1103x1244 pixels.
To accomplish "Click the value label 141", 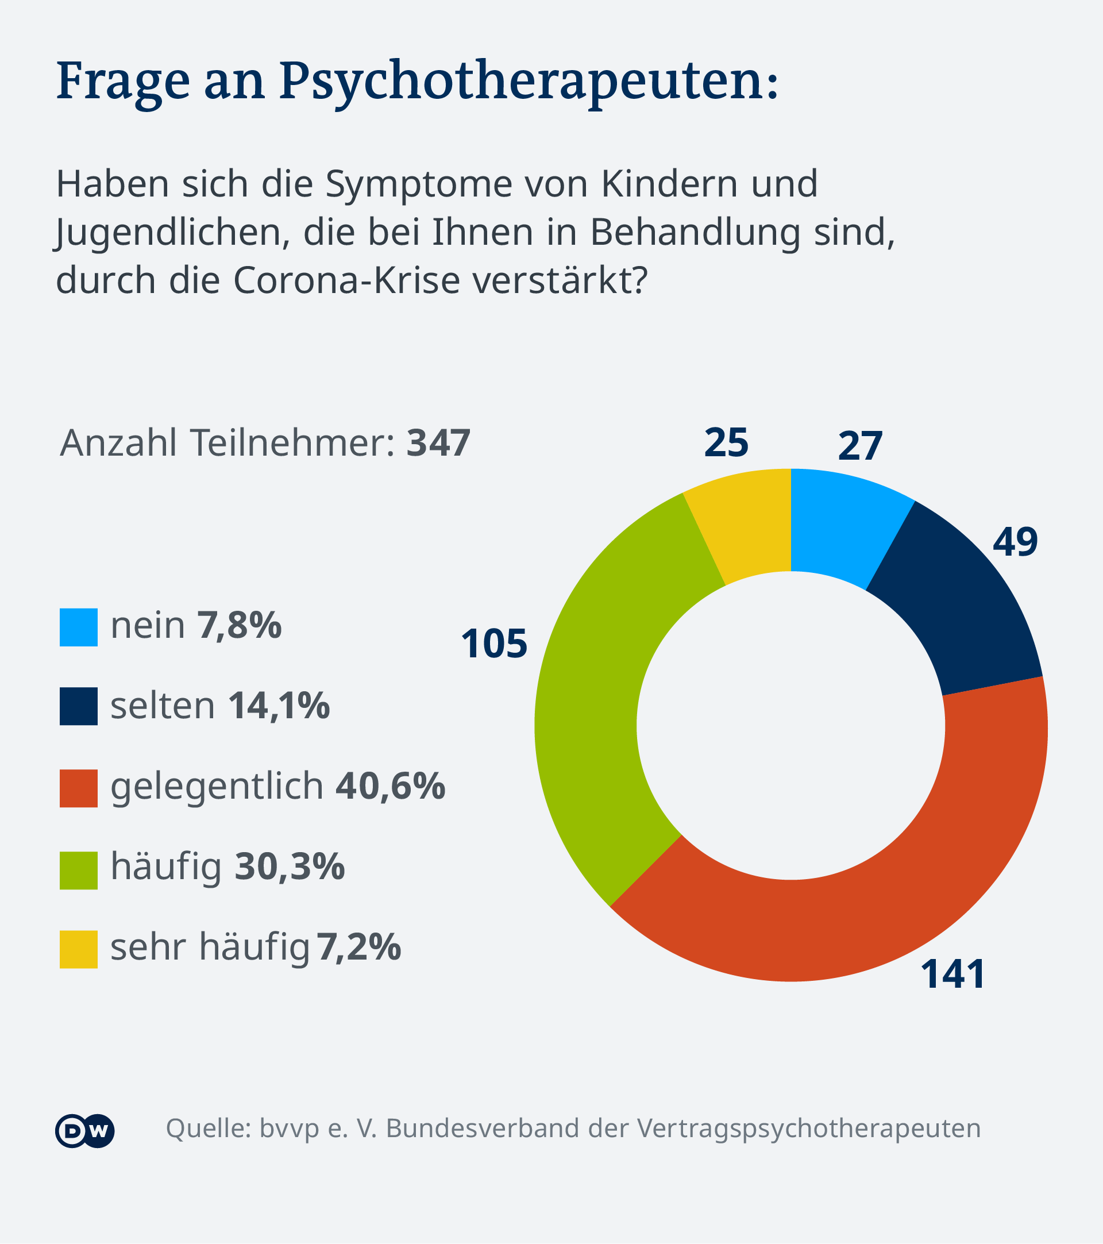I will tap(952, 975).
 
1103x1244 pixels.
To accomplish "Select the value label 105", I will tap(494, 644).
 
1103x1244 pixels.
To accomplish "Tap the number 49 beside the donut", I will tap(1015, 542).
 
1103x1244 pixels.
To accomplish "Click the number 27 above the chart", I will tap(859, 446).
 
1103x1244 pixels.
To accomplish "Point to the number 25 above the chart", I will tap(726, 442).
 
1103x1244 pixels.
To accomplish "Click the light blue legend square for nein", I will tap(79, 627).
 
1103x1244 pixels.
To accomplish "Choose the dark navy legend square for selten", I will tap(79, 706).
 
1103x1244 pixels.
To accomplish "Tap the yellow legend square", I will tap(79, 949).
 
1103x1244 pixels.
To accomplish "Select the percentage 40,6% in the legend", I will tap(390, 785).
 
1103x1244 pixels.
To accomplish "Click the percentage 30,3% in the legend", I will tap(290, 866).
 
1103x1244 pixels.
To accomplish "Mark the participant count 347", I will tap(438, 442).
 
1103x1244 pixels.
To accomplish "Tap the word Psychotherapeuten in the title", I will tap(528, 82).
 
